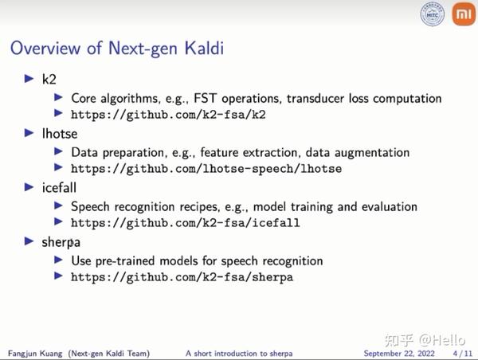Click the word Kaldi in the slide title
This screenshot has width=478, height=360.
click(197, 48)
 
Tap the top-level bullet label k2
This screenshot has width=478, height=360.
click(49, 79)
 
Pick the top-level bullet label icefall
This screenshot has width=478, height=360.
click(61, 187)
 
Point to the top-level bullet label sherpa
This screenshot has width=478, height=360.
click(61, 241)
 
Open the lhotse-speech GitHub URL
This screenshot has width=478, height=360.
click(206, 169)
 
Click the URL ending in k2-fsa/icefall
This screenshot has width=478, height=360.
click(185, 223)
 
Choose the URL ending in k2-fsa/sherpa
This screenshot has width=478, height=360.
click(182, 277)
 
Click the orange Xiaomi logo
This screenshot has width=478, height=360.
click(461, 15)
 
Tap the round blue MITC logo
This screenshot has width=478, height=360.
click(433, 14)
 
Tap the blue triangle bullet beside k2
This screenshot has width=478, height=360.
click(29, 79)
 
